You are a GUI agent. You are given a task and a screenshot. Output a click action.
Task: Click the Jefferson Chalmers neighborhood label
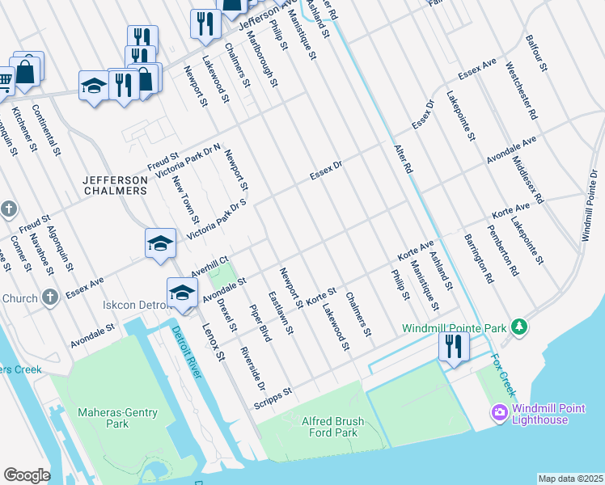[116, 184]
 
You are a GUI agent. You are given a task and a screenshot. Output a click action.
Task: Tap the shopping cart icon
[5, 80]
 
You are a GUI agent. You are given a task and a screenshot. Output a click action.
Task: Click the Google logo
[27, 475]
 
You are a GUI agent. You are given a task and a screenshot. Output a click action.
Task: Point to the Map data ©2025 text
[570, 479]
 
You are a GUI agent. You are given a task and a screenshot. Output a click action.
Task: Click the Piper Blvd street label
[260, 319]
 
